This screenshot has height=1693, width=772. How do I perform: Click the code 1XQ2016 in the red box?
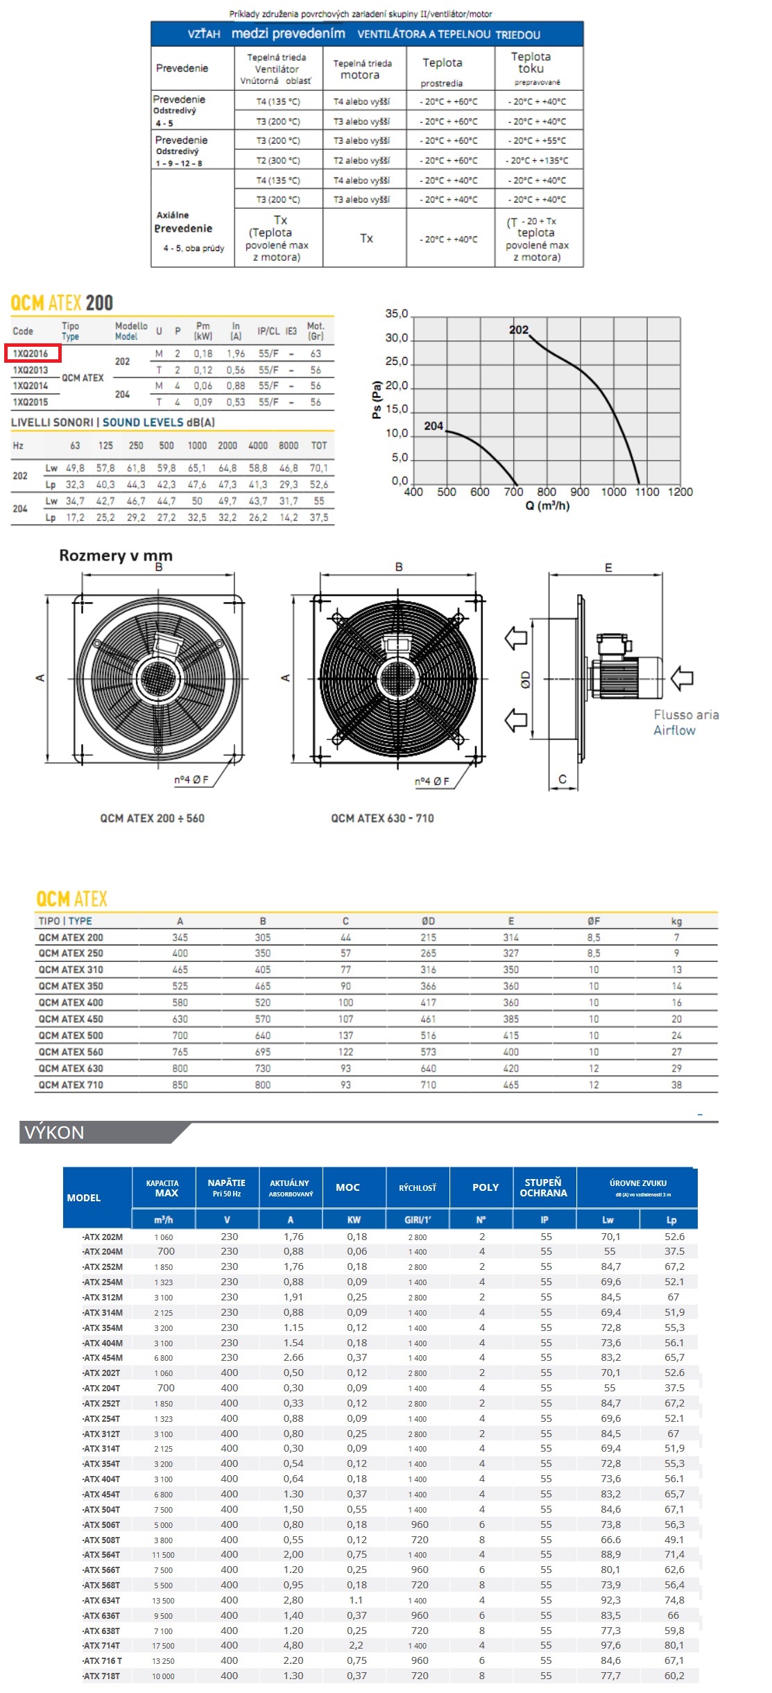[31, 354]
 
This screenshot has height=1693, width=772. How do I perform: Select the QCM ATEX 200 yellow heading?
[62, 303]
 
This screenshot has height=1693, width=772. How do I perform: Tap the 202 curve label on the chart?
[519, 330]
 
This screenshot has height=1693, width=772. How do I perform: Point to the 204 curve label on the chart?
[434, 426]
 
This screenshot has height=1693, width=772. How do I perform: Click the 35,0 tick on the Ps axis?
[397, 314]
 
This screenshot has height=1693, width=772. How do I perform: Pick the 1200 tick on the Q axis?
[680, 492]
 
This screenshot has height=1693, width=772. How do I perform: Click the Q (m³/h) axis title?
[547, 506]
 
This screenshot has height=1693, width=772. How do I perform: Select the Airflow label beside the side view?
[674, 730]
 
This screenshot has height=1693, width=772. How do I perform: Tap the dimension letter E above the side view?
[608, 568]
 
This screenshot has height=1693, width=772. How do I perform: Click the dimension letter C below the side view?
[563, 780]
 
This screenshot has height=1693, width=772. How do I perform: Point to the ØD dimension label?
[526, 679]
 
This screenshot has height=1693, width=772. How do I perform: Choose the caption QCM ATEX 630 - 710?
[382, 818]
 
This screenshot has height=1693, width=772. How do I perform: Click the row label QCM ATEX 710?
[71, 1085]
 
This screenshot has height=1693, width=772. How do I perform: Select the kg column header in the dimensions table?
[676, 921]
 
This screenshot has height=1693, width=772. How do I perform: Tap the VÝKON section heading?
[54, 1133]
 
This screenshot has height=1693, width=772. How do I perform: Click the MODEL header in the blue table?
[84, 1198]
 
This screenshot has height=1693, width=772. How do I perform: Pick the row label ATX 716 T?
[103, 1660]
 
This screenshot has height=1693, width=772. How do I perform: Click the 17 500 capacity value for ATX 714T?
[164, 1646]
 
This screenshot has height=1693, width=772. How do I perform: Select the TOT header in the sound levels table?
[319, 446]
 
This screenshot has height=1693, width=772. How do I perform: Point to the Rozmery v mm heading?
[116, 556]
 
